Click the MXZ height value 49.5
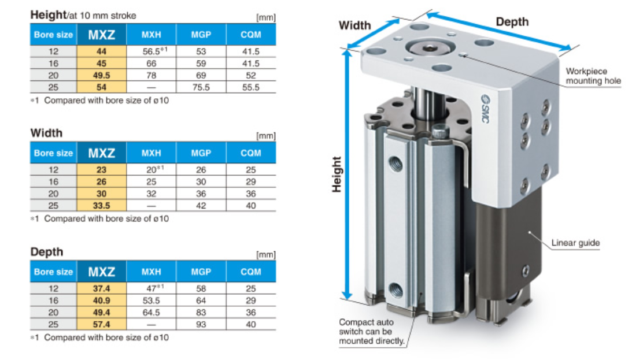(102, 75)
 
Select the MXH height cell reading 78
(151, 75)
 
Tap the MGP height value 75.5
(201, 87)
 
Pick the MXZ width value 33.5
(102, 206)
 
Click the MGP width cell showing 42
(201, 206)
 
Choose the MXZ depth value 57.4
(102, 325)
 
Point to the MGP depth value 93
(201, 325)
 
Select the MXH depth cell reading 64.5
(151, 313)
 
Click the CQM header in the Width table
(251, 153)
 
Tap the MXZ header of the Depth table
(102, 272)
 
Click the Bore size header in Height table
(54, 35)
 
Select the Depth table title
(47, 252)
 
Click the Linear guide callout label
(575, 243)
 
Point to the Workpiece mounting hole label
(593, 76)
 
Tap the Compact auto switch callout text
(371, 332)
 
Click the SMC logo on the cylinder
(485, 109)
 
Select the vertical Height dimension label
(337, 175)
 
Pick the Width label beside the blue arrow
(354, 25)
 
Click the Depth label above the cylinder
(512, 22)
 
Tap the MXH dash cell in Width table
(151, 206)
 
